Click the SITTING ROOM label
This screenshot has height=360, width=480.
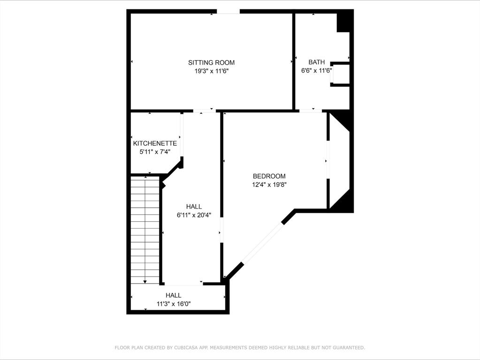click(x=211, y=62)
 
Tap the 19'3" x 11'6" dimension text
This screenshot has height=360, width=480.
click(x=212, y=71)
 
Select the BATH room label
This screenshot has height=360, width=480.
click(x=317, y=62)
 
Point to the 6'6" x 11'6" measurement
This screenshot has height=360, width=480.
click(x=317, y=71)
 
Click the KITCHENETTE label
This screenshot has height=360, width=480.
click(x=155, y=143)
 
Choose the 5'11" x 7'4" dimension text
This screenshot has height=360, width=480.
click(x=155, y=152)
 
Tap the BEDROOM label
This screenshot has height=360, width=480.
click(x=269, y=176)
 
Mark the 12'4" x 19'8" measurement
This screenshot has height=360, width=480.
click(x=269, y=185)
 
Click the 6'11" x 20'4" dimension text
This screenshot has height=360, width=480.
click(x=194, y=215)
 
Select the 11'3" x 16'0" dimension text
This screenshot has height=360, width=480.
click(x=174, y=304)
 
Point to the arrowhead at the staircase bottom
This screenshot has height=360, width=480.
click(x=145, y=282)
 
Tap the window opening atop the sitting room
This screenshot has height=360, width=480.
click(x=229, y=12)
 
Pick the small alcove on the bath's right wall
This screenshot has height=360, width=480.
click(x=340, y=74)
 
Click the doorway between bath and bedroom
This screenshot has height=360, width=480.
click(x=311, y=111)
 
